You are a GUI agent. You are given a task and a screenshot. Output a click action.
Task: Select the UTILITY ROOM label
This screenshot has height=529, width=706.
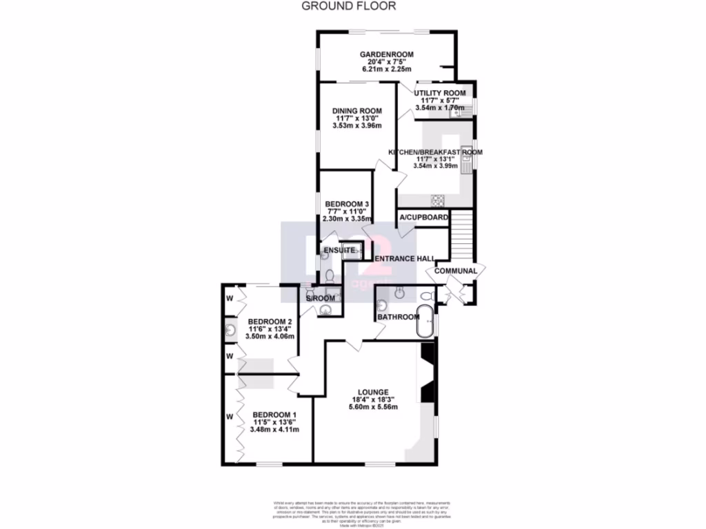click(440, 93)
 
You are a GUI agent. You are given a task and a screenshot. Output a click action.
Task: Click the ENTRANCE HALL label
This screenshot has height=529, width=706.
click(405, 258)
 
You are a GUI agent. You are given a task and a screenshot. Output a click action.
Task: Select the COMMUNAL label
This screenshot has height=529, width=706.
click(456, 271)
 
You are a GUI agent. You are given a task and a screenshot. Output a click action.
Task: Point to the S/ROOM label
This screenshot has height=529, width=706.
click(321, 298)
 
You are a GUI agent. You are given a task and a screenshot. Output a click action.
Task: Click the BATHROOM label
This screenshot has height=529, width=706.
click(399, 317)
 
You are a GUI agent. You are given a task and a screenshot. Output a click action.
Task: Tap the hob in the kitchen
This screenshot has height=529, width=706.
click(438, 200)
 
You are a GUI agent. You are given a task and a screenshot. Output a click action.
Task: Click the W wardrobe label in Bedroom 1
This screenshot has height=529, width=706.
click(230, 416)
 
